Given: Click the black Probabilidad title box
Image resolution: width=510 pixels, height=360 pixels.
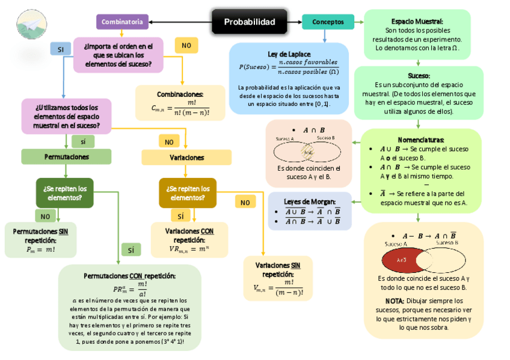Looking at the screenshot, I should [x=250, y=22].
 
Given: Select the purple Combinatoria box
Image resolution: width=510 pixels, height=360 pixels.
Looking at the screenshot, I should [x=122, y=22].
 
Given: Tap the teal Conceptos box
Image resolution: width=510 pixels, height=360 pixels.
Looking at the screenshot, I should [x=328, y=22].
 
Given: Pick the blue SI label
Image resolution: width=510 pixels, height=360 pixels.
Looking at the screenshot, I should [x=60, y=49].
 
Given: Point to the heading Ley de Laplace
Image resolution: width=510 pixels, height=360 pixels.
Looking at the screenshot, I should [x=289, y=53].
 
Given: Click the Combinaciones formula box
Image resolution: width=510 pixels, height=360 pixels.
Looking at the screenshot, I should [x=180, y=103].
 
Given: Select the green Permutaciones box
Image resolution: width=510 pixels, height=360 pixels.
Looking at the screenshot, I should [x=66, y=157].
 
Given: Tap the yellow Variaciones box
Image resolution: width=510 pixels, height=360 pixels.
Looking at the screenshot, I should [x=186, y=157].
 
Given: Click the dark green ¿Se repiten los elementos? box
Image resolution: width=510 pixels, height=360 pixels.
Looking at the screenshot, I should [x=65, y=193].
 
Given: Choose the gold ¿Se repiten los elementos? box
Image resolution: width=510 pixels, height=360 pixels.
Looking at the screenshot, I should [x=188, y=193].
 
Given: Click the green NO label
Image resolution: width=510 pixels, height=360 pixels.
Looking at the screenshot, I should [x=45, y=216].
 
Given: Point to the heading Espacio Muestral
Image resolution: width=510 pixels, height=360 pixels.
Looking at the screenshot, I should [x=417, y=22].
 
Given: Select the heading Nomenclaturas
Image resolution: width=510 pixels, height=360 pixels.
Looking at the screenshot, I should [x=421, y=139].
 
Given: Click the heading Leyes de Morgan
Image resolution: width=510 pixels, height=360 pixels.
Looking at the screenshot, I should [x=310, y=201].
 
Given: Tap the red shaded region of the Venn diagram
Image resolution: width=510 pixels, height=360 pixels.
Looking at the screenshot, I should [x=401, y=260].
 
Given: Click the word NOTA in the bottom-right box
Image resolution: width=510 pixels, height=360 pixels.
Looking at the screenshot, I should [x=395, y=301].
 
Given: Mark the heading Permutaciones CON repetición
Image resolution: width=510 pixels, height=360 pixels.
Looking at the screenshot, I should [x=129, y=275].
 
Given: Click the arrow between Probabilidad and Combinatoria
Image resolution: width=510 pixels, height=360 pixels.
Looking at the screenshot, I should [x=180, y=22].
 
